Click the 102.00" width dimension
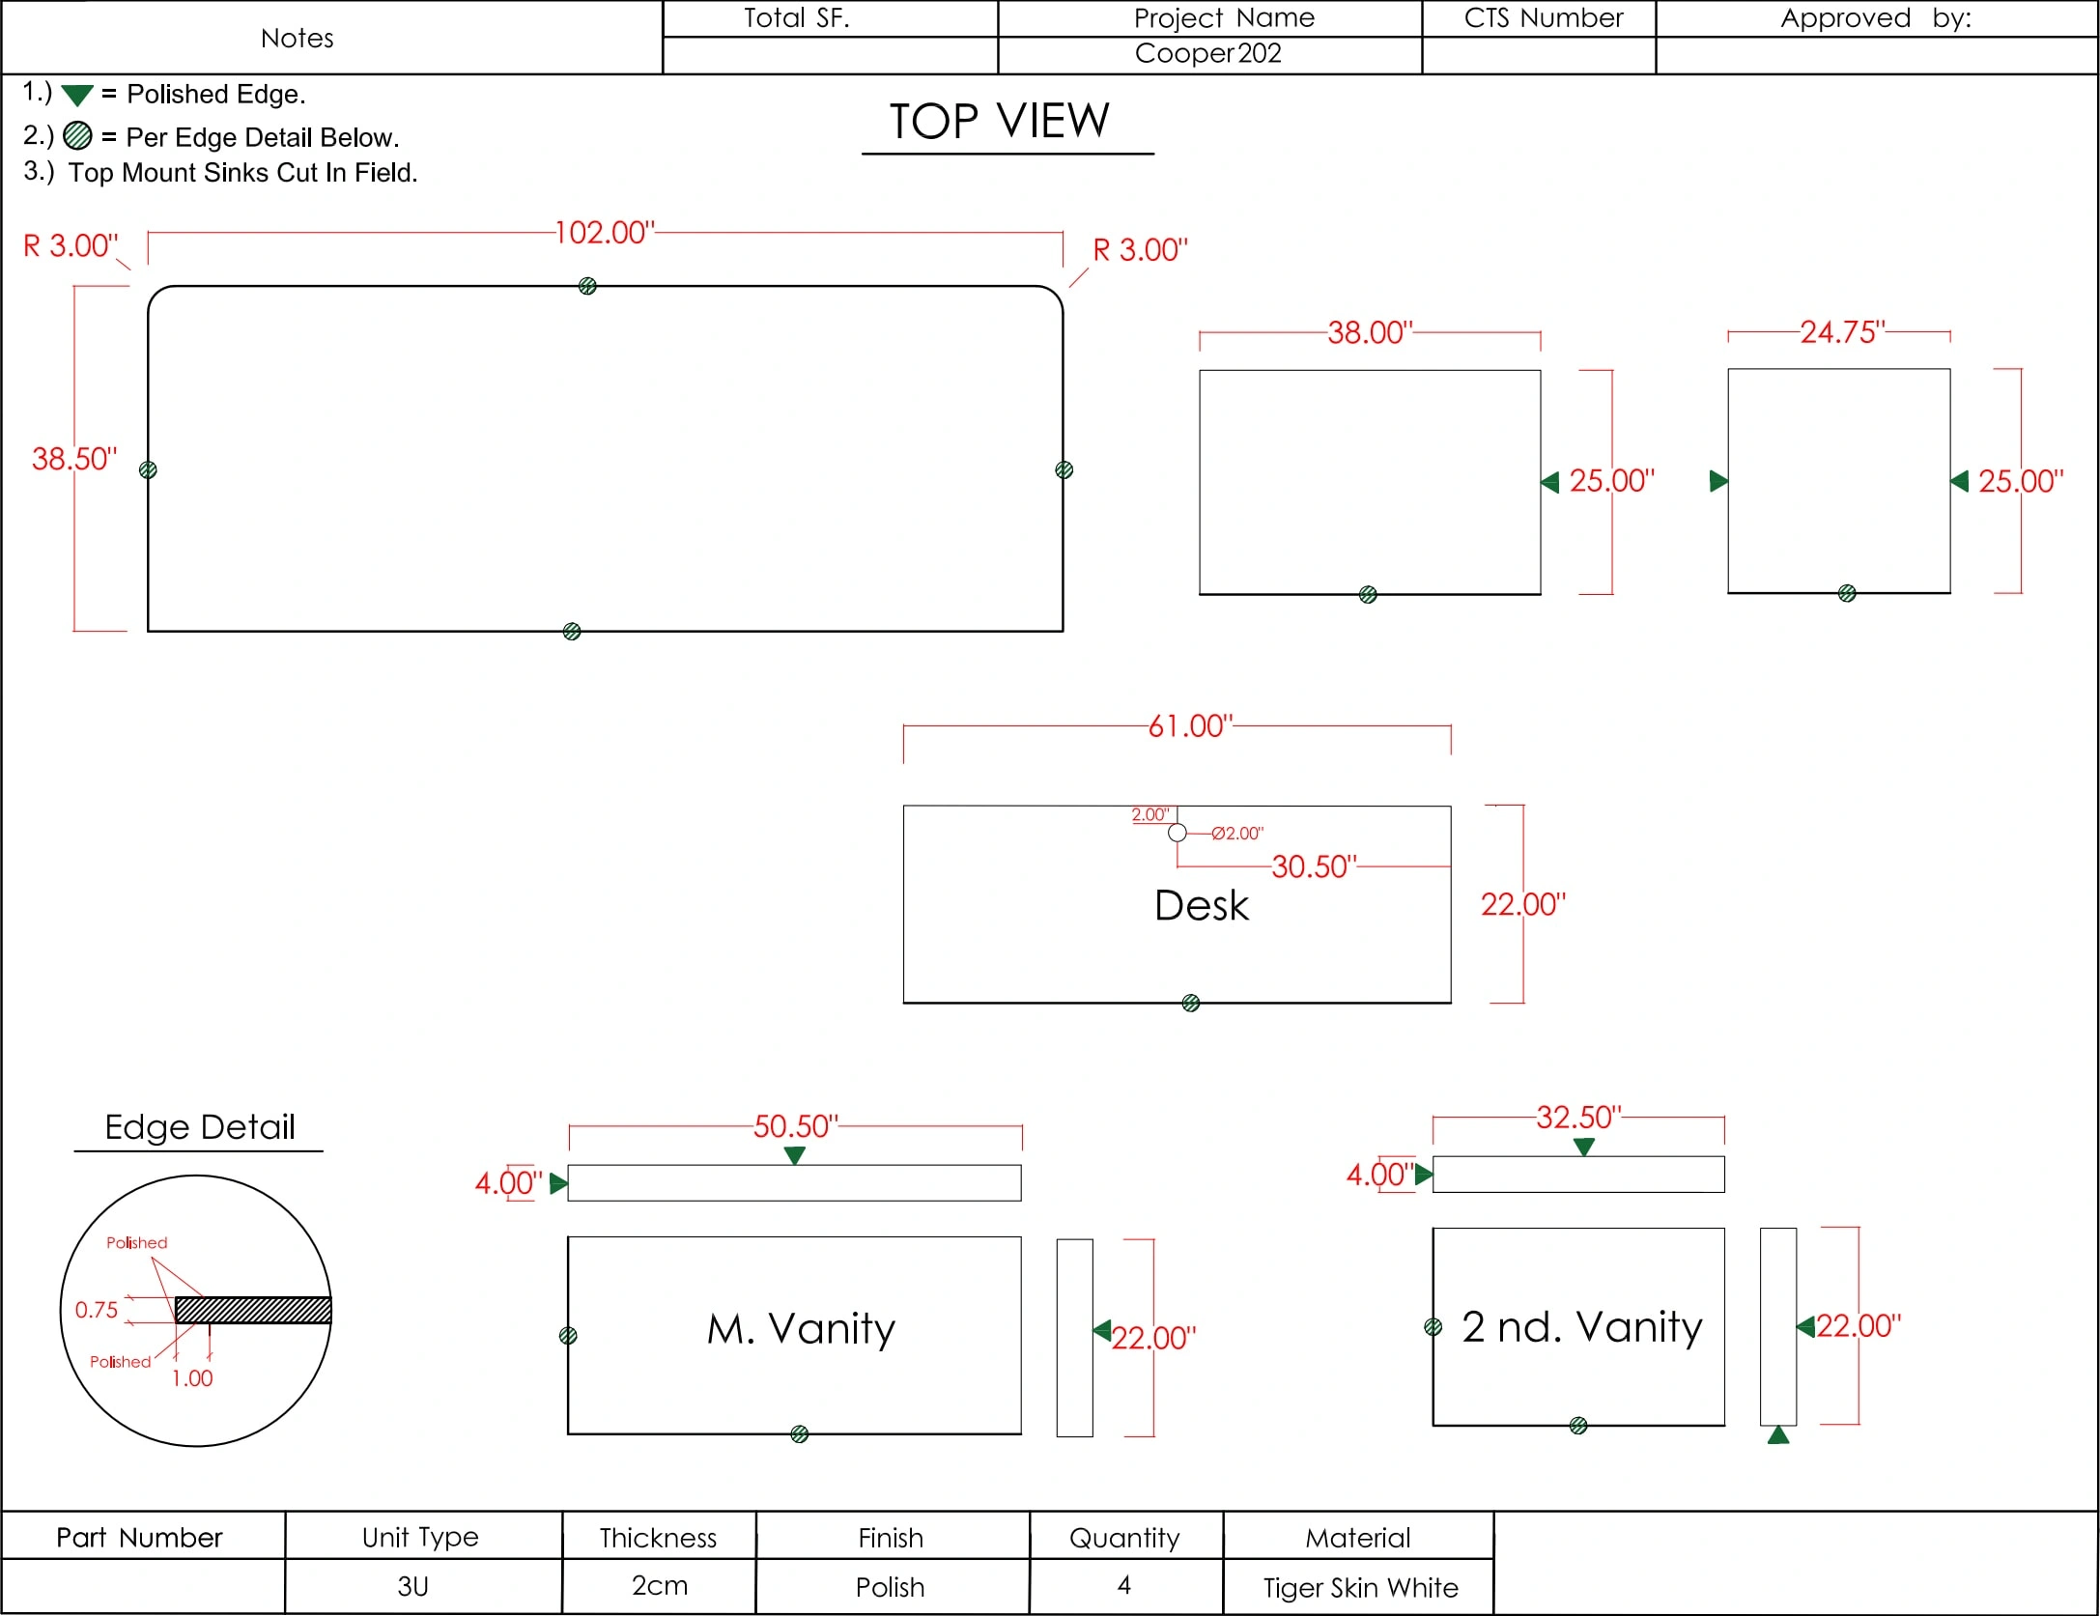pos(605,233)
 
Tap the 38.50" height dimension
pos(74,459)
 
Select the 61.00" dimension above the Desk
pos(1190,726)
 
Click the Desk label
pos(1202,906)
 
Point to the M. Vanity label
pos(801,1329)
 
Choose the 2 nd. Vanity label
pos(1581,1327)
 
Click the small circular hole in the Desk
pos(1177,833)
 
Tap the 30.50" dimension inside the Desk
pos(1314,866)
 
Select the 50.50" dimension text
pos(796,1126)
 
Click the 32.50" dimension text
pos(1579,1118)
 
